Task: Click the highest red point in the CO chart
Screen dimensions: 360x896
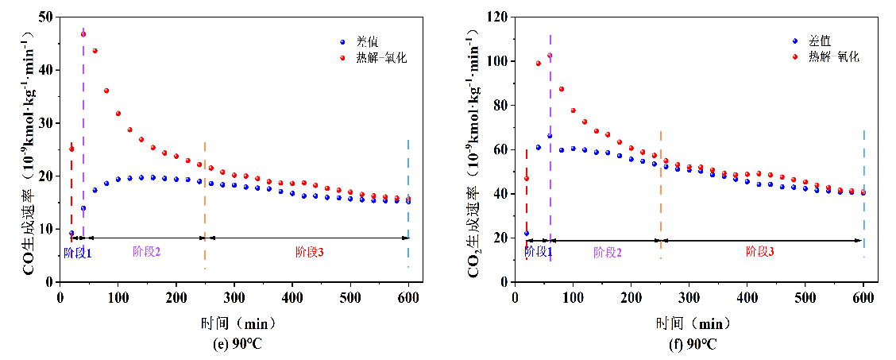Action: (83, 34)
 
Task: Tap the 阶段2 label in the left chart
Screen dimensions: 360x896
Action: (147, 252)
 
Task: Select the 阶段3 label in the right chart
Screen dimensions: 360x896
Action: (760, 252)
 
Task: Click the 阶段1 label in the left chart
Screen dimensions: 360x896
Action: (78, 253)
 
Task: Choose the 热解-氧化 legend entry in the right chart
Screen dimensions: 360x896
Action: (833, 57)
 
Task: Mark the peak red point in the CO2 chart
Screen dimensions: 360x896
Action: (550, 56)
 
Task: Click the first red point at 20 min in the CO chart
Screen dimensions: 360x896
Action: (71, 149)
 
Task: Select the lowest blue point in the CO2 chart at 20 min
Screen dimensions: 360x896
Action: (527, 233)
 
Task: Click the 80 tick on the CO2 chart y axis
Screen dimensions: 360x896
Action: (501, 105)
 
